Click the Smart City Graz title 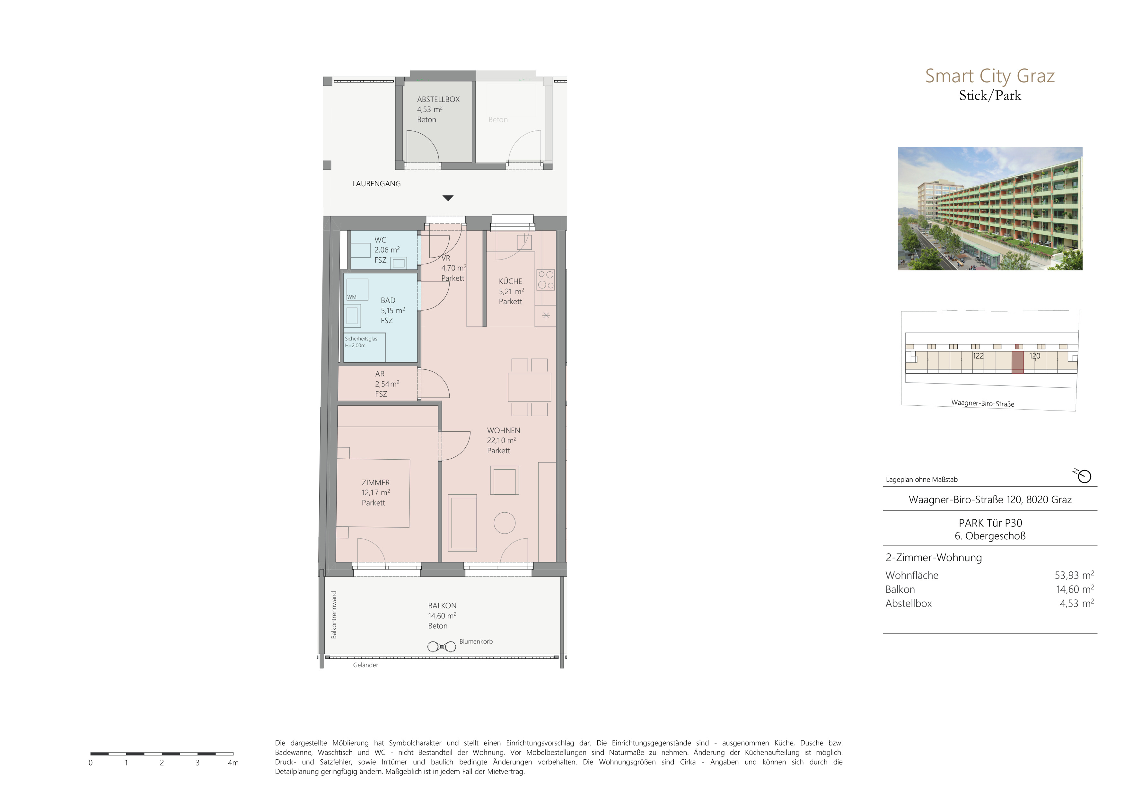(x=989, y=76)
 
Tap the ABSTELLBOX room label (x=438, y=99)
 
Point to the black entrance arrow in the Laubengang (x=448, y=198)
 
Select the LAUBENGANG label (x=376, y=184)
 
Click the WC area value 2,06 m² (x=387, y=250)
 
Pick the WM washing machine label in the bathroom (x=352, y=297)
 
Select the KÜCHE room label (x=510, y=281)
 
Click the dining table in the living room (x=529, y=387)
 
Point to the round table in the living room (x=504, y=523)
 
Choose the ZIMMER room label (x=375, y=483)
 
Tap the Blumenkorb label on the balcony (x=476, y=641)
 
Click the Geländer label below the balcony (x=366, y=665)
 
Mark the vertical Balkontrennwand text (x=334, y=615)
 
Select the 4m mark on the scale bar (x=233, y=763)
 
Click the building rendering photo (x=990, y=208)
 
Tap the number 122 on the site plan (x=978, y=356)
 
